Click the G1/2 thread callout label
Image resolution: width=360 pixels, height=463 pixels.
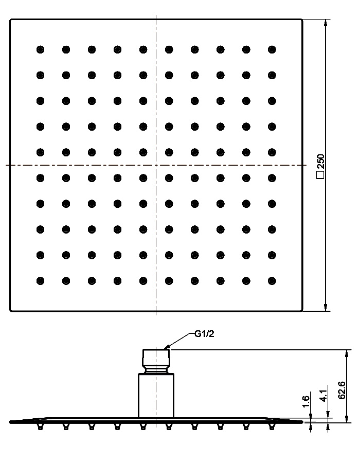click(204, 334)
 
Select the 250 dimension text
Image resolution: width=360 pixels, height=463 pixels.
click(320, 161)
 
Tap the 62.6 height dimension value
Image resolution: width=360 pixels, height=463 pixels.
click(341, 390)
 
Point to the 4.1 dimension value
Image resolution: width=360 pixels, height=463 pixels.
click(323, 396)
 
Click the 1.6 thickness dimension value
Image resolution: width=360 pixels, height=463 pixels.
click(306, 401)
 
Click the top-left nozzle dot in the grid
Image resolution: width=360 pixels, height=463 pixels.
click(41, 49)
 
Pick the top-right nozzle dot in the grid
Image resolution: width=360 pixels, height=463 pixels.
click(272, 49)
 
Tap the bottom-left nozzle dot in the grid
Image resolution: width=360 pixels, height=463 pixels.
click(41, 281)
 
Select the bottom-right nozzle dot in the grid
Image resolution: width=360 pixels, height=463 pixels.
click(272, 281)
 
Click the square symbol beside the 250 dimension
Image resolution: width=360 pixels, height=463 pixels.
click(320, 175)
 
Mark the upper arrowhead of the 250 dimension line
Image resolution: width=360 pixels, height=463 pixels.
click(326, 23)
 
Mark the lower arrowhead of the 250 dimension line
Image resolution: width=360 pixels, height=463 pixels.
click(326, 307)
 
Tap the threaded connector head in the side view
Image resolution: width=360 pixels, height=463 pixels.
click(156, 362)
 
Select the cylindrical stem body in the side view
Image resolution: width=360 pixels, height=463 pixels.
click(156, 396)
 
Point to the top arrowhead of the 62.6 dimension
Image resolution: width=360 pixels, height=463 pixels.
click(347, 353)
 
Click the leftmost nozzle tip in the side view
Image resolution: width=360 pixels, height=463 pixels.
click(41, 427)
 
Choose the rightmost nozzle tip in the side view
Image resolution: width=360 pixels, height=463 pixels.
click(272, 427)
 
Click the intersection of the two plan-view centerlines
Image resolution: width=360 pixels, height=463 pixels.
click(156, 165)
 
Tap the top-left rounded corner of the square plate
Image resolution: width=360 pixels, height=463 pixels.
click(11, 20)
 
